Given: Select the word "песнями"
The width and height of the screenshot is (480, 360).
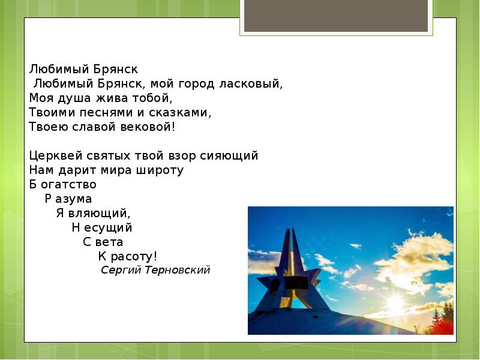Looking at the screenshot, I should [91, 112].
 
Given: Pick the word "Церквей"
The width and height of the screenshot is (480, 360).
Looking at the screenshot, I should [53, 155].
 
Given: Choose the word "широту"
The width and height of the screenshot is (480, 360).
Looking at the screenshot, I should [160, 170].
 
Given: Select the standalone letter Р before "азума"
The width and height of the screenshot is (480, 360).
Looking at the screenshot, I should [49, 199].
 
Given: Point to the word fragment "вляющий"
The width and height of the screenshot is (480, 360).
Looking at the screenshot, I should [99, 213].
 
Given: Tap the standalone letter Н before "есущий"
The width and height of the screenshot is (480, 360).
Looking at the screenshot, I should [76, 227].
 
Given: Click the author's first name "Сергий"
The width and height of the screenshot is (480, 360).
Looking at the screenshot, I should [121, 270].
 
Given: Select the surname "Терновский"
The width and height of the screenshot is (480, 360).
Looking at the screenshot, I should [178, 270].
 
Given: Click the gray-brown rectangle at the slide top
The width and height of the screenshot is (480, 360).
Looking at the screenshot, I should [336, 16].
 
